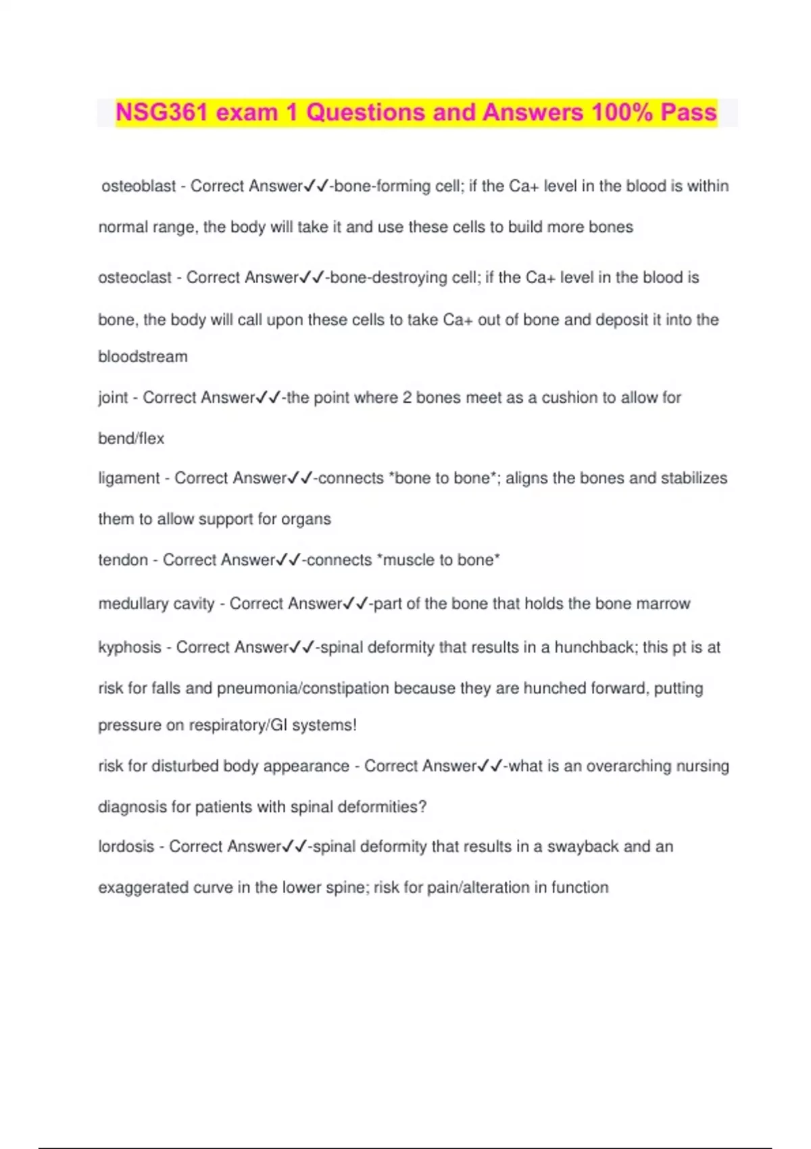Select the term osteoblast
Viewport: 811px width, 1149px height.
[139, 186]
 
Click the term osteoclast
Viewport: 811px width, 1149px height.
[134, 278]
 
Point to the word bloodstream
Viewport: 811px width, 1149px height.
[143, 357]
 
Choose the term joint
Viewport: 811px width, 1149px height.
[113, 397]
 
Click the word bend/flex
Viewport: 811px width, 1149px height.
[131, 439]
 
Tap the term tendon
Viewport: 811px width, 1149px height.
[122, 560]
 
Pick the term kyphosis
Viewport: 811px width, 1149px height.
[129, 647]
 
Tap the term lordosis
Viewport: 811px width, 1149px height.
[126, 847]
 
